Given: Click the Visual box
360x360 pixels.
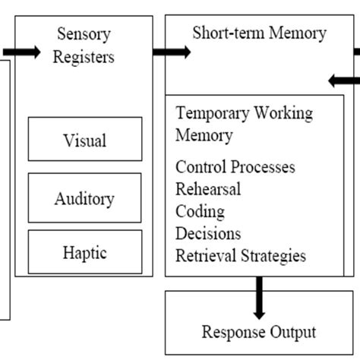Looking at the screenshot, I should [x=85, y=141].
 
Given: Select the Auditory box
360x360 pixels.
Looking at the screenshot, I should [x=85, y=199].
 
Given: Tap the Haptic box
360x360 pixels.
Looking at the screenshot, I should [x=85, y=252].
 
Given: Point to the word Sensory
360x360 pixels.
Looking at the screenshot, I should [x=84, y=33].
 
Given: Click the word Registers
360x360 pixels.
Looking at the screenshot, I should [x=84, y=57].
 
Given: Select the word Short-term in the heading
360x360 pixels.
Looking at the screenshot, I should [x=226, y=33].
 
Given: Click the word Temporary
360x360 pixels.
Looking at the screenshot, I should [x=210, y=114].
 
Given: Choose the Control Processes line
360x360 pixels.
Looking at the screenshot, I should [x=235, y=167].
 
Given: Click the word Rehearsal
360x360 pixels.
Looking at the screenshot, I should [x=208, y=189].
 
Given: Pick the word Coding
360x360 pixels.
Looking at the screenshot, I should [x=200, y=211].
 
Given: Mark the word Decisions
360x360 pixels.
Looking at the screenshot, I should [x=208, y=233].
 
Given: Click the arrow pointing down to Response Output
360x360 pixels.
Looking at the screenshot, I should [x=259, y=298].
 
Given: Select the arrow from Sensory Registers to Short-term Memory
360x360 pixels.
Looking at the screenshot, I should [x=172, y=52].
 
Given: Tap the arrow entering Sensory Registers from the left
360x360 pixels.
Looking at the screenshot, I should [x=22, y=52].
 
